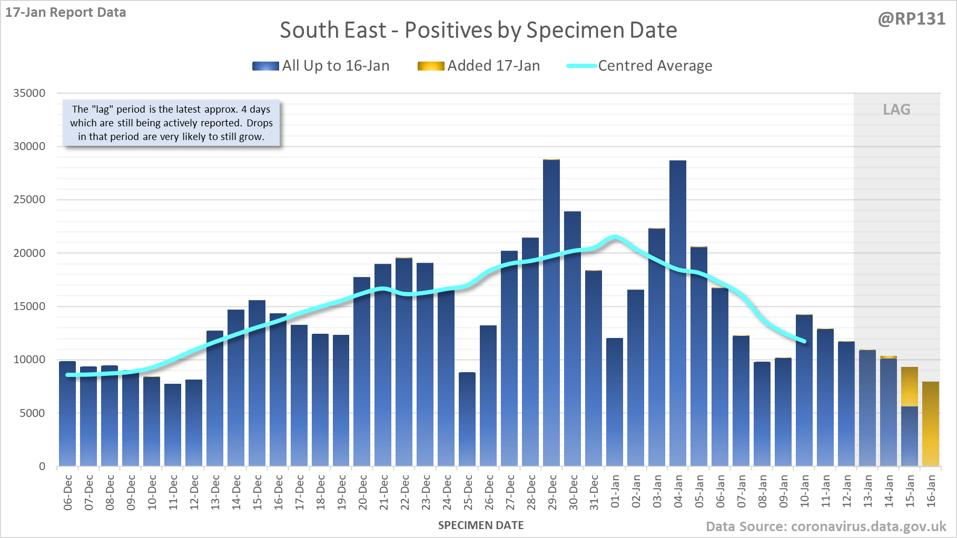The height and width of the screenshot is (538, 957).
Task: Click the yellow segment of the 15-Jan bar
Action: [x=910, y=387]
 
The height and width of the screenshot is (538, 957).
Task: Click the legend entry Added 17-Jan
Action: [x=479, y=66]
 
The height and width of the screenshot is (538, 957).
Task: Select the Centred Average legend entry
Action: [x=640, y=66]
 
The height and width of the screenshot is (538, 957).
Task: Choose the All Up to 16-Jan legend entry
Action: [x=321, y=66]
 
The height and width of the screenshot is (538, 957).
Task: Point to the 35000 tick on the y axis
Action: [x=29, y=93]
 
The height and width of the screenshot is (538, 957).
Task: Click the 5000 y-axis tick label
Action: [x=33, y=413]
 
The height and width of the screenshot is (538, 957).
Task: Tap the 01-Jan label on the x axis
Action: [x=615, y=492]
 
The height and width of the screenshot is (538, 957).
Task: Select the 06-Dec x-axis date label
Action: [x=68, y=493]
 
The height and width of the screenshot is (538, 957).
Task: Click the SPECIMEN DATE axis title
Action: [x=481, y=525]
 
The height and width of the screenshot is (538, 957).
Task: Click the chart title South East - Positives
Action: [x=478, y=30]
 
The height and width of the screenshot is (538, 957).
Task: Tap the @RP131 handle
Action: [x=912, y=19]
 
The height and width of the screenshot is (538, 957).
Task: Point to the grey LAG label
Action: [x=896, y=109]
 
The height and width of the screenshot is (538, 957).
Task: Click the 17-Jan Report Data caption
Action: [x=66, y=13]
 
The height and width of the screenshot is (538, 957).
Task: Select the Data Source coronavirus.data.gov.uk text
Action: [x=826, y=526]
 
